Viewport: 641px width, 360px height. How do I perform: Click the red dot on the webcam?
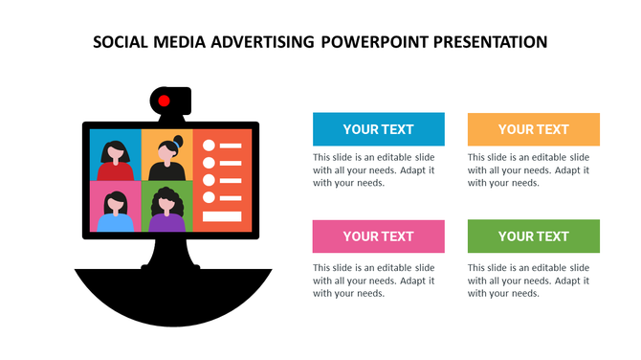click(x=164, y=101)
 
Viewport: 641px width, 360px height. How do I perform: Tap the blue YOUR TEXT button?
click(x=378, y=129)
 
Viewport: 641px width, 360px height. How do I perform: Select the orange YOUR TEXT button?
click(x=533, y=129)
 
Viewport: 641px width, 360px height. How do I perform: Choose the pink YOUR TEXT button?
click(x=378, y=236)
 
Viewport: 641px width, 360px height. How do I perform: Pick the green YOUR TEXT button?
click(x=533, y=236)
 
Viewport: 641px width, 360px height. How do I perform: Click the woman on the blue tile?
click(x=116, y=158)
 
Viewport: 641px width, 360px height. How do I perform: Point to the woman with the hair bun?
click(x=168, y=158)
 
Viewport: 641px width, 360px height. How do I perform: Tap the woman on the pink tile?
click(x=116, y=211)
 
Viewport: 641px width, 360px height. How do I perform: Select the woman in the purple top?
click(x=168, y=211)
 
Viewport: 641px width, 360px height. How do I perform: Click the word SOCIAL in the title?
click(x=122, y=42)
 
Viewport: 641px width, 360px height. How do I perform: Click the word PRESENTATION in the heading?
click(x=490, y=42)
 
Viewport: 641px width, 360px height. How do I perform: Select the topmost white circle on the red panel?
click(x=208, y=145)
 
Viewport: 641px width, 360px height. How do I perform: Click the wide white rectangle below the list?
click(x=222, y=216)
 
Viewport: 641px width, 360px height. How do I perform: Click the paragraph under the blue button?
click(x=374, y=169)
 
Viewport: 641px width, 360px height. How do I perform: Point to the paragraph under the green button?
click(x=529, y=281)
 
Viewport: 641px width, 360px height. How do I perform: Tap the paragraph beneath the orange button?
click(x=529, y=169)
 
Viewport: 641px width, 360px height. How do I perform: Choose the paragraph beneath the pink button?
click(x=374, y=281)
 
